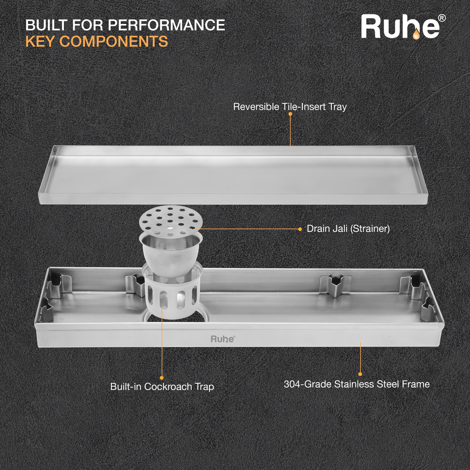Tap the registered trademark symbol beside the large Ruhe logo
pyautogui.click(x=441, y=18)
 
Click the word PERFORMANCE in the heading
pyautogui.click(x=166, y=25)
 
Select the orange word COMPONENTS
pyautogui.click(x=113, y=41)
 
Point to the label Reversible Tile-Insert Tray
pyautogui.click(x=290, y=106)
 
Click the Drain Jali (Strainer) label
pyautogui.click(x=348, y=228)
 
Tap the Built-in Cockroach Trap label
pyautogui.click(x=162, y=386)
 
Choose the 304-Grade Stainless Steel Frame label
pyautogui.click(x=357, y=384)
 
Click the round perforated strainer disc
pyautogui.click(x=171, y=220)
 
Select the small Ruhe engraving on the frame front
pyautogui.click(x=223, y=339)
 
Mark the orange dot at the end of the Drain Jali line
pyautogui.click(x=300, y=229)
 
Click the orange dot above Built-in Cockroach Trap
pyautogui.click(x=162, y=378)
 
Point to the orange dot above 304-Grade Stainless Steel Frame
pyautogui.click(x=360, y=374)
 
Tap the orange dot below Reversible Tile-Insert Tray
pyautogui.click(x=290, y=114)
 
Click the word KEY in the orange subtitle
pyautogui.click(x=40, y=41)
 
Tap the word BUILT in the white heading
pyautogui.click(x=46, y=25)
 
